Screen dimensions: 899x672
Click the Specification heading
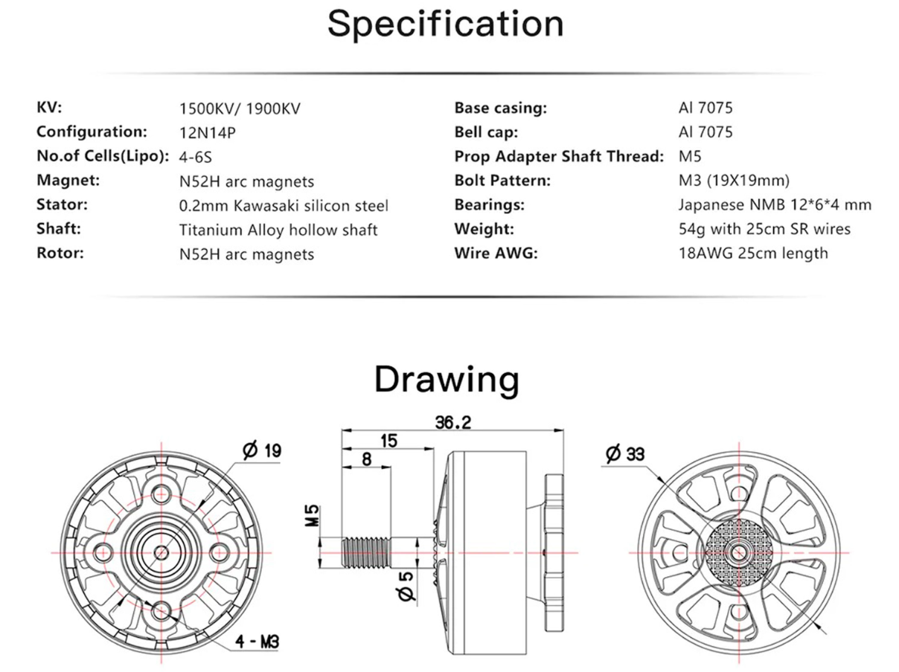(x=445, y=25)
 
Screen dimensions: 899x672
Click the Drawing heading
(x=447, y=381)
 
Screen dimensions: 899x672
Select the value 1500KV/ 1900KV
(x=240, y=109)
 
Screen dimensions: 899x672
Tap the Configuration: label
(x=92, y=132)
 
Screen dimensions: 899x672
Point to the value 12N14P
(x=207, y=133)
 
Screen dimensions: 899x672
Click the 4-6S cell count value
(x=196, y=157)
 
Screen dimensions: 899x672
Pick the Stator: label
(x=63, y=204)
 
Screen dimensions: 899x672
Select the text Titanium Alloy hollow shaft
(x=278, y=230)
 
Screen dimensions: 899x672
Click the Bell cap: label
(x=486, y=132)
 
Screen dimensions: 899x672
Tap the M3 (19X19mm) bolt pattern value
(x=734, y=181)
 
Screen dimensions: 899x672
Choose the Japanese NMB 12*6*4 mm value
(x=775, y=204)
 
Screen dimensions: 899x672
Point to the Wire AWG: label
(x=496, y=253)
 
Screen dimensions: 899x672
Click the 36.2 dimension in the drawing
(x=453, y=423)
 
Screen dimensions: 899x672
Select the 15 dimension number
(x=388, y=442)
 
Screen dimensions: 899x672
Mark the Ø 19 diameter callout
(x=262, y=450)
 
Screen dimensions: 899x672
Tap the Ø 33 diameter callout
(x=625, y=454)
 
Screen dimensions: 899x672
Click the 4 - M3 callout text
(x=257, y=642)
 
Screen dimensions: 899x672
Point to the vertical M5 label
(x=312, y=516)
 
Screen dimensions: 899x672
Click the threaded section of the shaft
(x=365, y=552)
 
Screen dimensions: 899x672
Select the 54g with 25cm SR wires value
(x=764, y=229)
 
